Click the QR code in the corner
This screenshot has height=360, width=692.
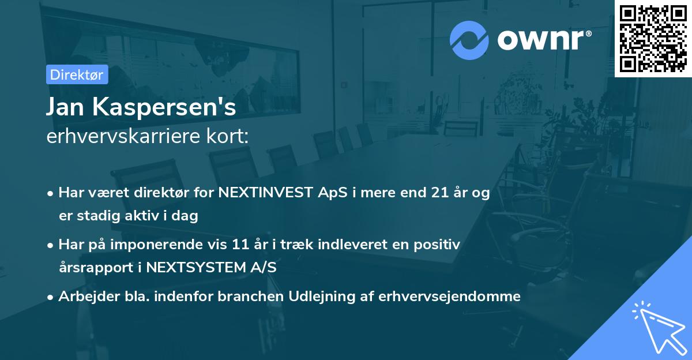tap(653, 38)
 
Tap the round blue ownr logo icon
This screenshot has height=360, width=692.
tap(469, 40)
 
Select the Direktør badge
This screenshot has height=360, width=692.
tap(77, 74)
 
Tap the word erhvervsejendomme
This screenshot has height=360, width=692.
tap(449, 297)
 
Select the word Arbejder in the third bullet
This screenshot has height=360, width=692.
tap(84, 297)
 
